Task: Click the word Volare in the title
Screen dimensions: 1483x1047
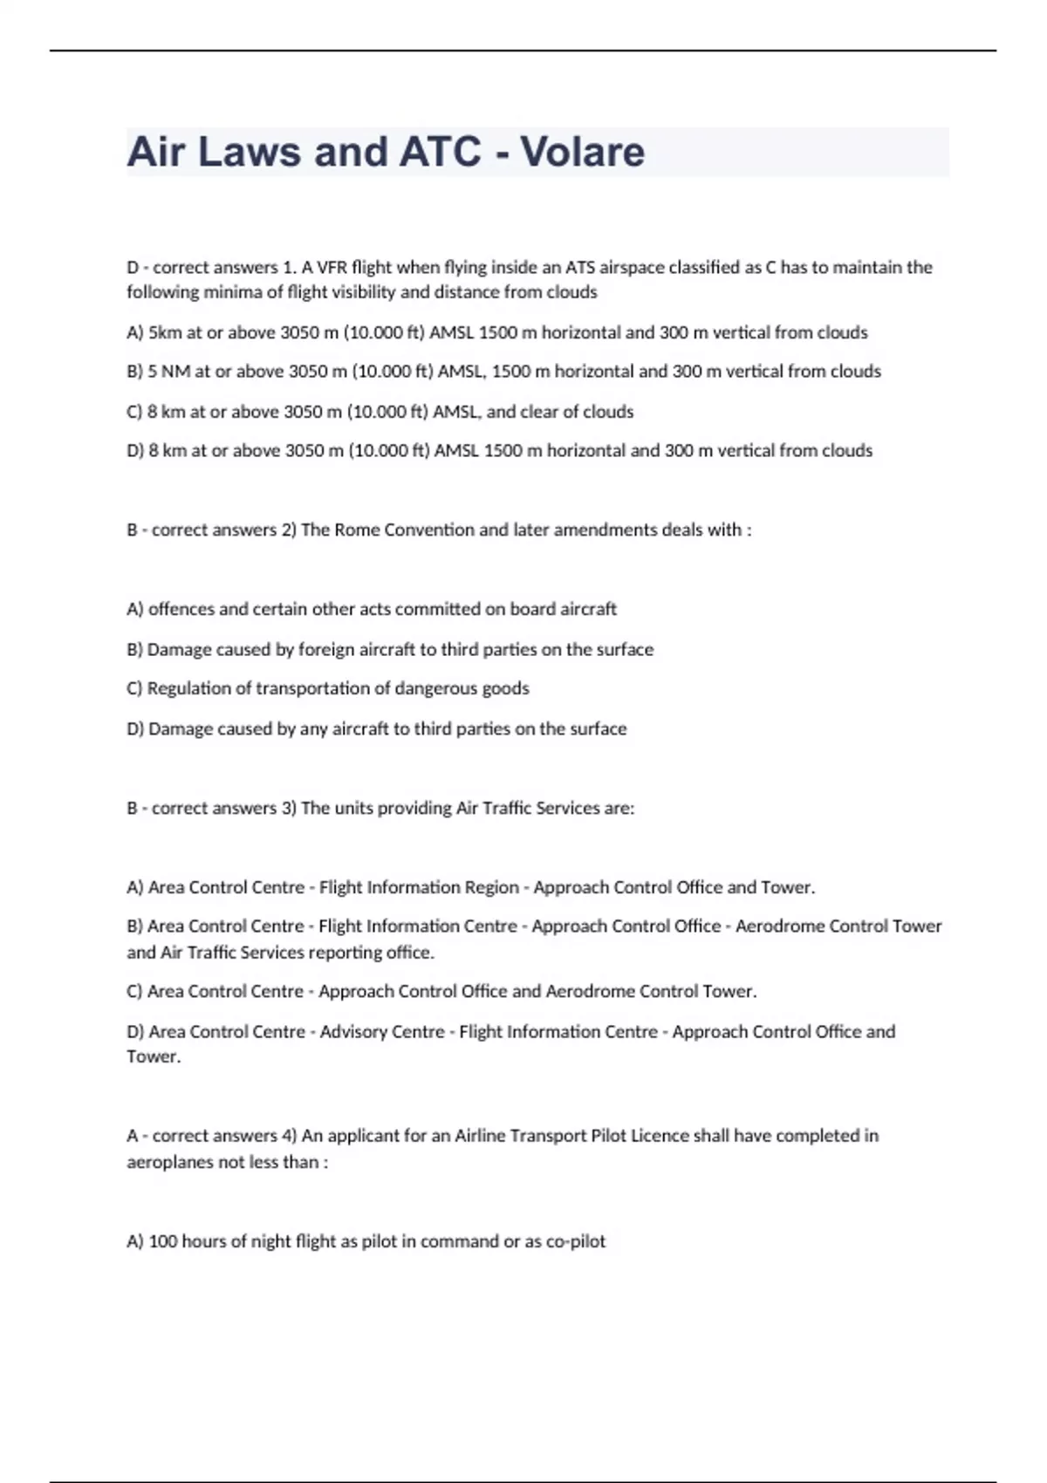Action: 583,152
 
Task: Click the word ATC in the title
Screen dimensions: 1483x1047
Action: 440,152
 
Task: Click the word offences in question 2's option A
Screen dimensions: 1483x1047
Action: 181,609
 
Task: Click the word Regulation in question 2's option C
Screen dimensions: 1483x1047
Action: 188,688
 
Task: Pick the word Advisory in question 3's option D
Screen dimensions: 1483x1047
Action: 357,1032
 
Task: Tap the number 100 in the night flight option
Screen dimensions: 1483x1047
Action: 163,1241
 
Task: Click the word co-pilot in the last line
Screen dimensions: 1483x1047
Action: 575,1241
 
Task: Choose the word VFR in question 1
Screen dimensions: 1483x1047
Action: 331,267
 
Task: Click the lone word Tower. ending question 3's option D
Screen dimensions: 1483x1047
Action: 154,1056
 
